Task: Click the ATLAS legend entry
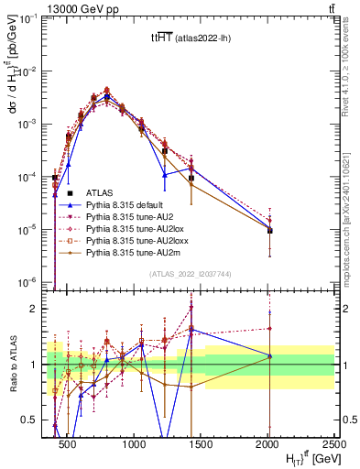(x=99, y=192)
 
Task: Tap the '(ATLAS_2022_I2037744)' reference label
(x=190, y=274)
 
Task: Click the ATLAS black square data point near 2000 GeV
(x=269, y=230)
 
